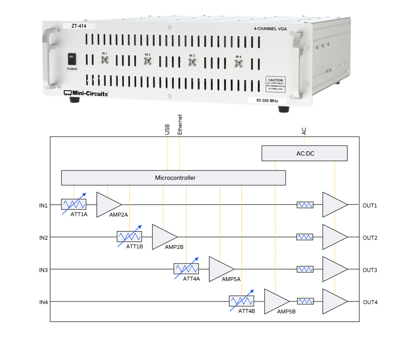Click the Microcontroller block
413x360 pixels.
173,178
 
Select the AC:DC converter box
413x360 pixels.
304,153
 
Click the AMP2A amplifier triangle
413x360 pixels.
107,205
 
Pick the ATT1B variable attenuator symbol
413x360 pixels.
130,237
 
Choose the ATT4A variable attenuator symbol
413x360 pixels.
186,269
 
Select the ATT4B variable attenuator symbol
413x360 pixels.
242,301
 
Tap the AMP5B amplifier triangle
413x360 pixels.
275,302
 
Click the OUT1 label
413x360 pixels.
370,206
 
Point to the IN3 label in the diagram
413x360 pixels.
43,270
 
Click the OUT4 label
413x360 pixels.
370,302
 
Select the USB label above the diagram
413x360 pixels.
167,129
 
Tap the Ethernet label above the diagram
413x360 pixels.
180,125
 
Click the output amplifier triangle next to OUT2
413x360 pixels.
333,237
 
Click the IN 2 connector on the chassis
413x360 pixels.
147,61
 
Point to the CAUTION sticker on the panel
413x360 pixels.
275,83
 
